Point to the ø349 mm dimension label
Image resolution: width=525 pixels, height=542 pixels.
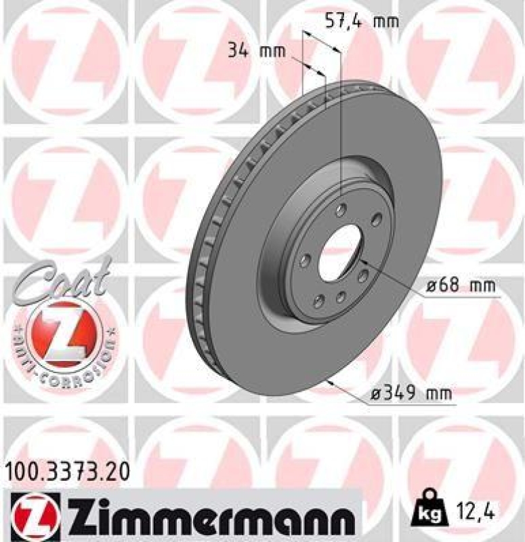[411, 392]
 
